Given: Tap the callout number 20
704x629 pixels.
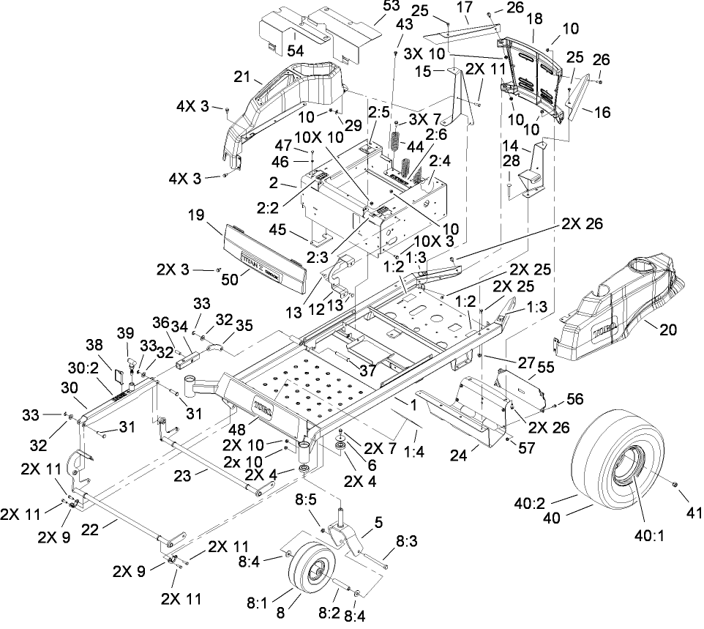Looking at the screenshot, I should coord(668,331).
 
